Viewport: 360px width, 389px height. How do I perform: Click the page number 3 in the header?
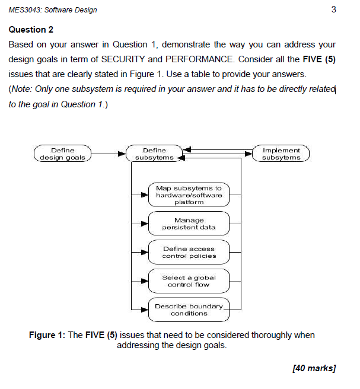click(334, 9)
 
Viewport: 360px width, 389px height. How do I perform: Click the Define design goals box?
click(63, 154)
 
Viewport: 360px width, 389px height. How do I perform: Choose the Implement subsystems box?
click(281, 154)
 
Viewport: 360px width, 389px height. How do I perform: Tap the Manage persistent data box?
click(189, 224)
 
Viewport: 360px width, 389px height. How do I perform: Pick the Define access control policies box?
click(189, 252)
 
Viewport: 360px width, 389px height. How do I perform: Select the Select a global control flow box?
click(189, 281)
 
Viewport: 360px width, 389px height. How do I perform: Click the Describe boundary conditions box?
click(189, 310)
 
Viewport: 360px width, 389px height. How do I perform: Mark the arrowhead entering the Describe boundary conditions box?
click(144, 310)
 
